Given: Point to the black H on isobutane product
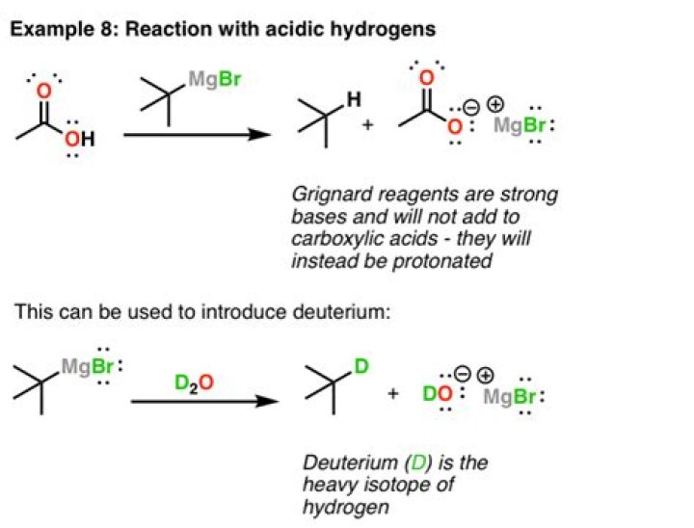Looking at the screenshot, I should click(354, 99).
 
